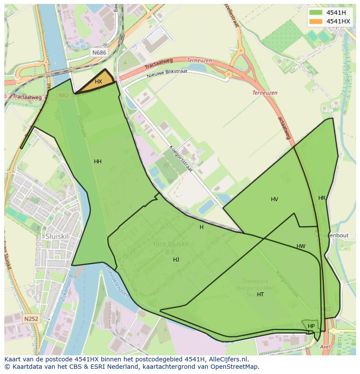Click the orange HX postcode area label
coord(98,82)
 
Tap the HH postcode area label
coord(98,162)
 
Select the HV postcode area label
coord(274,199)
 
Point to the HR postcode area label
coord(322,198)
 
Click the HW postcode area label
coord(301,246)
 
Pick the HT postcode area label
coord(260,295)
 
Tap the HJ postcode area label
coord(176,260)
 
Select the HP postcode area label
coord(311,326)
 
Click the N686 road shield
coord(99,53)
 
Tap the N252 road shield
coord(31,319)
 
